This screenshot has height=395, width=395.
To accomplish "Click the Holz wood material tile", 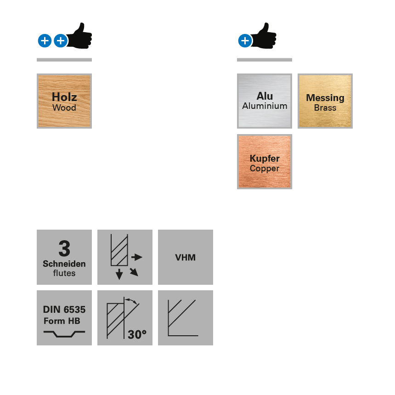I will [x=64, y=101].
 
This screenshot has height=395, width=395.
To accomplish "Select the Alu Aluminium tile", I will [x=265, y=101].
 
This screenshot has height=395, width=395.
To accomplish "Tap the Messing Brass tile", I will [x=325, y=101].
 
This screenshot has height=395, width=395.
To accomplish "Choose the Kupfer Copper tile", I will [x=265, y=162].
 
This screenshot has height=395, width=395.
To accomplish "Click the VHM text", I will [x=185, y=258].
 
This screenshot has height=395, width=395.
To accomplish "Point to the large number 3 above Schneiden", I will [x=64, y=249].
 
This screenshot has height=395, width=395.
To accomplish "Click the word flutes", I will [x=64, y=273].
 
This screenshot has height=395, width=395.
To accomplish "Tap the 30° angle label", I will [x=137, y=334].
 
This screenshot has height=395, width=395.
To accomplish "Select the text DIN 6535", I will [x=64, y=310].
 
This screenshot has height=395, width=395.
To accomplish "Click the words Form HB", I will [x=62, y=321].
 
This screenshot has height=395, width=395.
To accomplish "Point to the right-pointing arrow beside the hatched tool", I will [x=137, y=257].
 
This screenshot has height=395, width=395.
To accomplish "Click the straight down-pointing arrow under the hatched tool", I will [x=119, y=274].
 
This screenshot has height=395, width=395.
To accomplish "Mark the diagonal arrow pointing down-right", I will [x=134, y=272].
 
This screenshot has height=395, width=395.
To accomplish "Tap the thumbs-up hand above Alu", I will [x=265, y=36].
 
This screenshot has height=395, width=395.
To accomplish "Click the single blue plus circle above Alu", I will [x=245, y=41].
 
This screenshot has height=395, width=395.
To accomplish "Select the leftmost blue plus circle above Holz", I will [x=45, y=41].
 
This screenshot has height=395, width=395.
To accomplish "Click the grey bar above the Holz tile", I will [x=64, y=60].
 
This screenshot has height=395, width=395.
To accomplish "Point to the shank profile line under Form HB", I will [x=64, y=334].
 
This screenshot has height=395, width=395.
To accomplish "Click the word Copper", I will [x=265, y=169].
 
